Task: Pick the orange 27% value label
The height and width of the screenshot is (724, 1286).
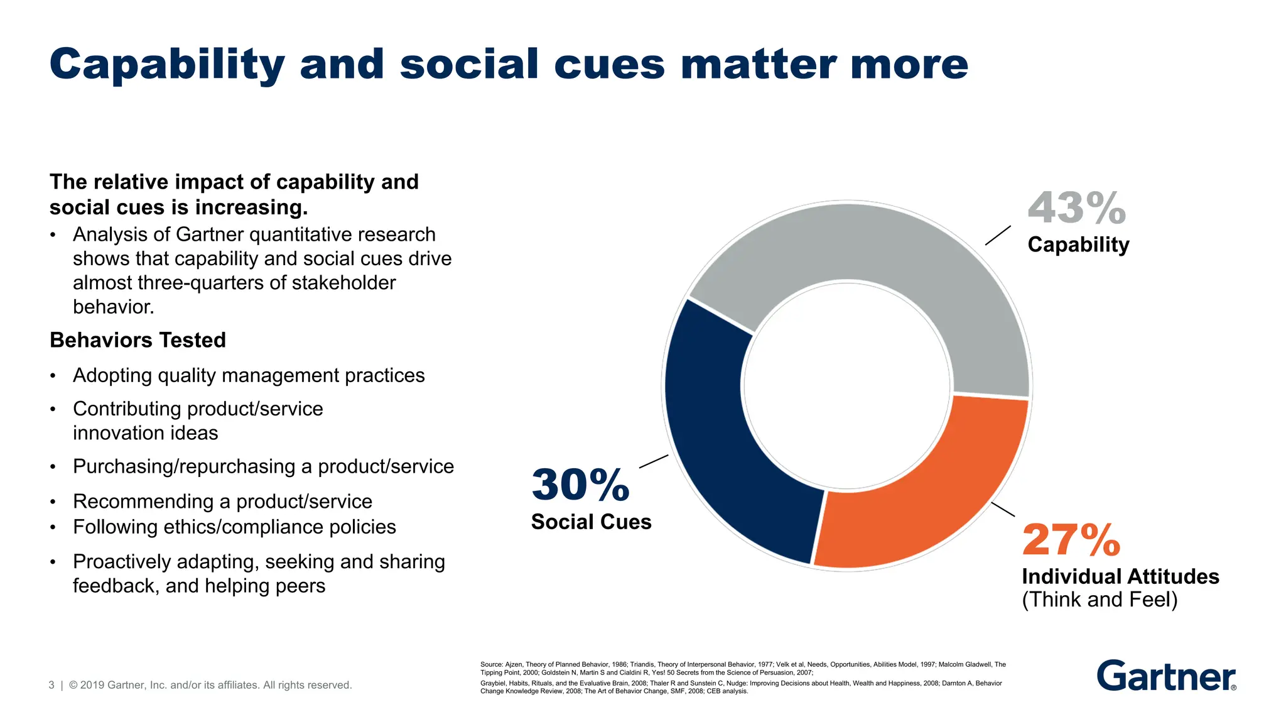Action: coord(1071,540)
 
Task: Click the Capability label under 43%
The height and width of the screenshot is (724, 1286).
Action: coord(1078,244)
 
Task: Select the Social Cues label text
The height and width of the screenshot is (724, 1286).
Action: coord(591,522)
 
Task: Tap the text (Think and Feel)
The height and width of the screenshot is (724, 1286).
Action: coord(1100,600)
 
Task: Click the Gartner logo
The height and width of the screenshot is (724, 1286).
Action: coord(1166,676)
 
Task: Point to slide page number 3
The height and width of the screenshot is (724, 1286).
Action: coord(51,685)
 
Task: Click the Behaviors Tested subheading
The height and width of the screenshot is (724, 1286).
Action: coord(138,340)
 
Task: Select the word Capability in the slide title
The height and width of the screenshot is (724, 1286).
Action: coord(166,65)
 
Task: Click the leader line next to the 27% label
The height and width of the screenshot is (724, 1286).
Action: coord(1003,510)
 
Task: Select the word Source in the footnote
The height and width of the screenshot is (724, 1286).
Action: coord(491,664)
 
